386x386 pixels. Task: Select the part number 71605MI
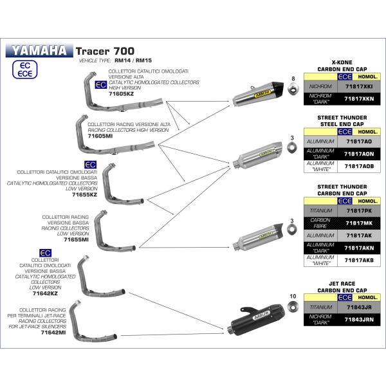pos(101,136)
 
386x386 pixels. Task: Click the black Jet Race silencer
pos(261,320)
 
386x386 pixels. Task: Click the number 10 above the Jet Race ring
pos(293,297)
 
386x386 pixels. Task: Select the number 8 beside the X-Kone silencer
pos(293,78)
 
